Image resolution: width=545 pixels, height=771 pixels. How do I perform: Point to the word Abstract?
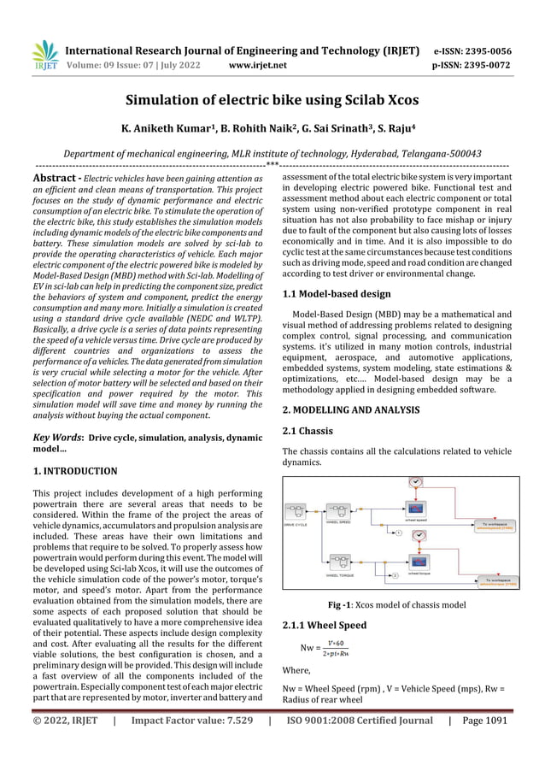coord(56,177)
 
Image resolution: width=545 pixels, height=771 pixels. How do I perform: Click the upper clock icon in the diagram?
coord(415,484)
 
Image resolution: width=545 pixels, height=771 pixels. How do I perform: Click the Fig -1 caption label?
coord(354,605)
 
